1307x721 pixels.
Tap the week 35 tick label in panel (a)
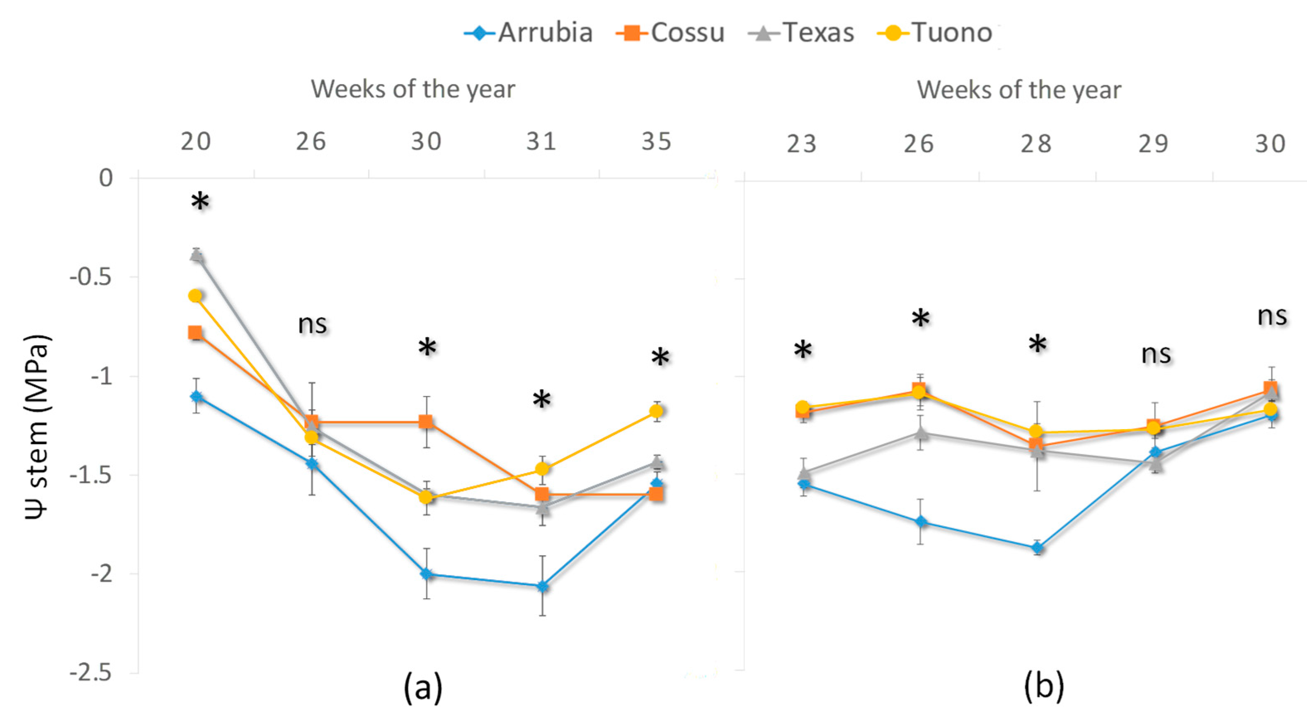click(x=656, y=141)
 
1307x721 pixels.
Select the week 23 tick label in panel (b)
click(x=802, y=144)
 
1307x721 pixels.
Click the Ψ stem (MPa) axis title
click(x=36, y=426)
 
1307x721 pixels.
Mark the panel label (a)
click(x=423, y=687)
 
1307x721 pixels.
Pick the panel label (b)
click(x=1044, y=687)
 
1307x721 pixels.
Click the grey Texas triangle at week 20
click(x=197, y=255)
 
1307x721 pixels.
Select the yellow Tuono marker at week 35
click(x=656, y=410)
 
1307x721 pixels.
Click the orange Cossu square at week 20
click(x=195, y=333)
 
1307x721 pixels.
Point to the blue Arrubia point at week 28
click(x=1038, y=547)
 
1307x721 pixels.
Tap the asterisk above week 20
click(x=200, y=202)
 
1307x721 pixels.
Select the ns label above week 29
click(x=1156, y=354)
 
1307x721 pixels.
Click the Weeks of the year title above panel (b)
click(x=1019, y=90)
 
